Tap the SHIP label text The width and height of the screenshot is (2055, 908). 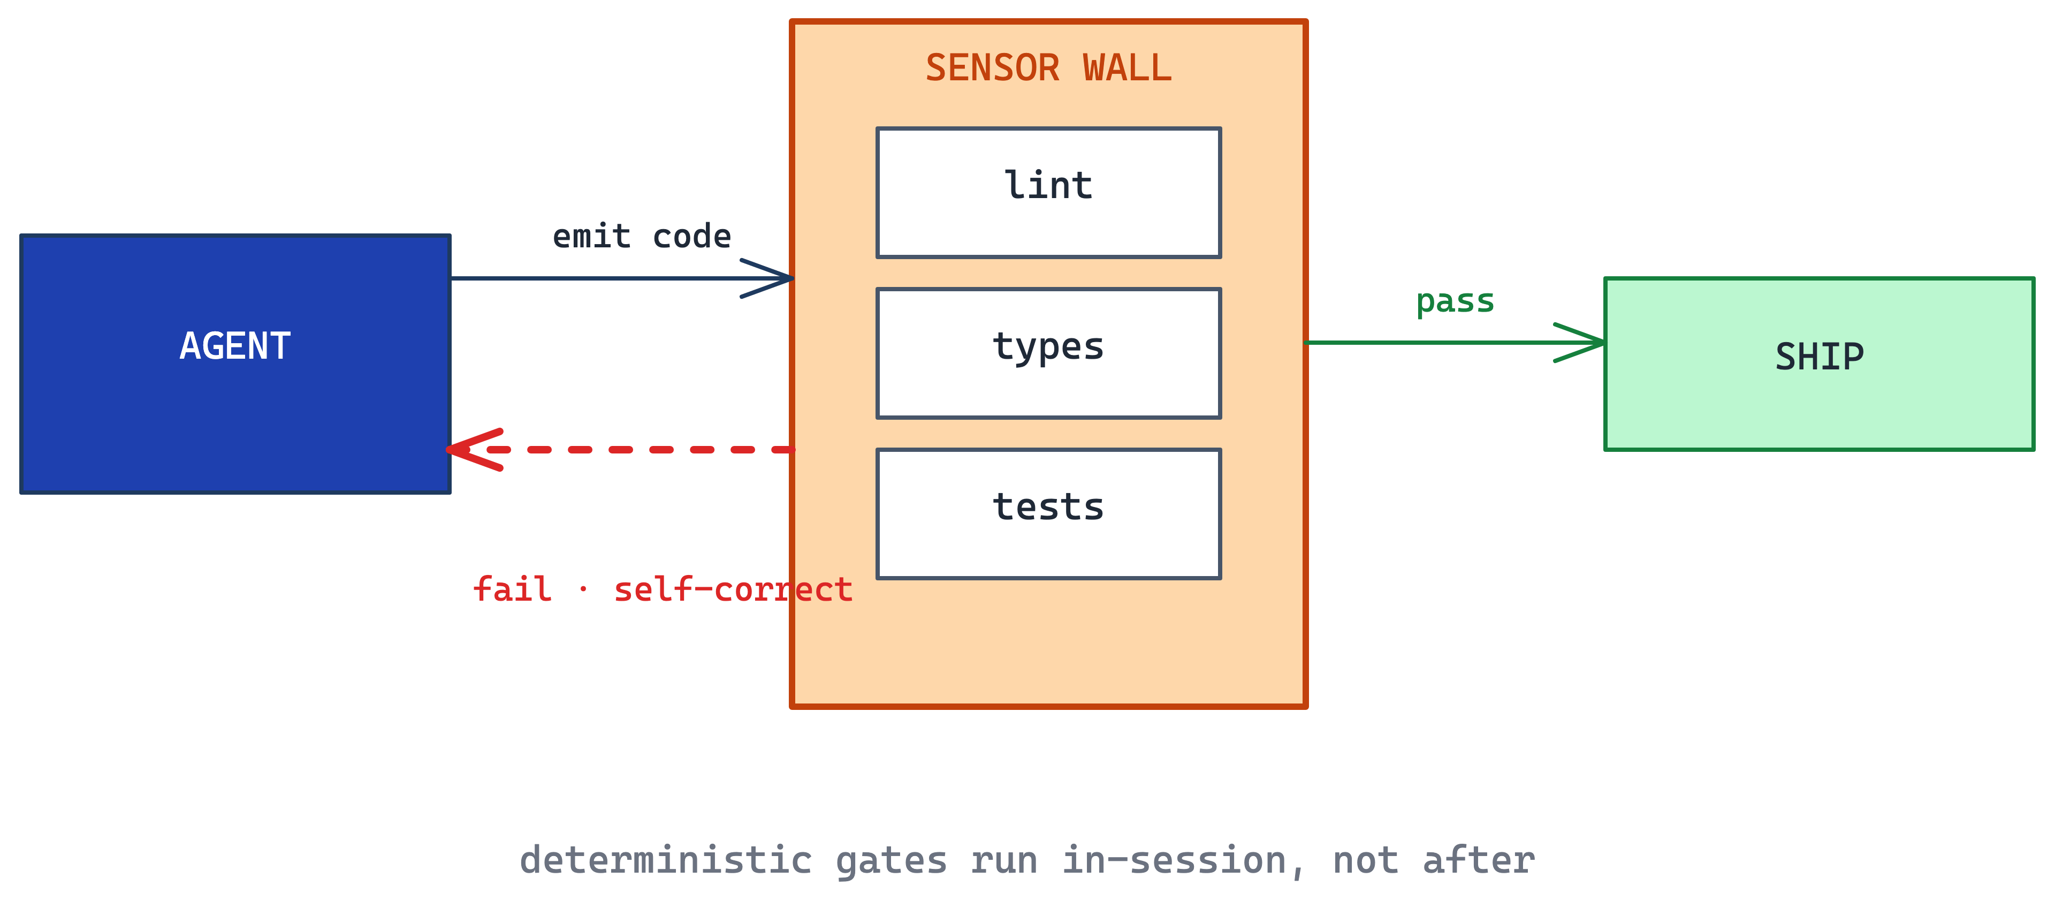click(1820, 357)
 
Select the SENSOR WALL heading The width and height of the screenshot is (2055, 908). click(1048, 68)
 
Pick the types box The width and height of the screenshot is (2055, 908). click(1048, 353)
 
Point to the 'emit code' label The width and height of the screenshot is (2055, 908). click(642, 236)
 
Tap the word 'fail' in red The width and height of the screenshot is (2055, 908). click(512, 589)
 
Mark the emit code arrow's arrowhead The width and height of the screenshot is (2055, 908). click(767, 278)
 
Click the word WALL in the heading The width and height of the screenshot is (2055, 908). click(1127, 68)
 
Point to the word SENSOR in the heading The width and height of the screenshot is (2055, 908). click(992, 68)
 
